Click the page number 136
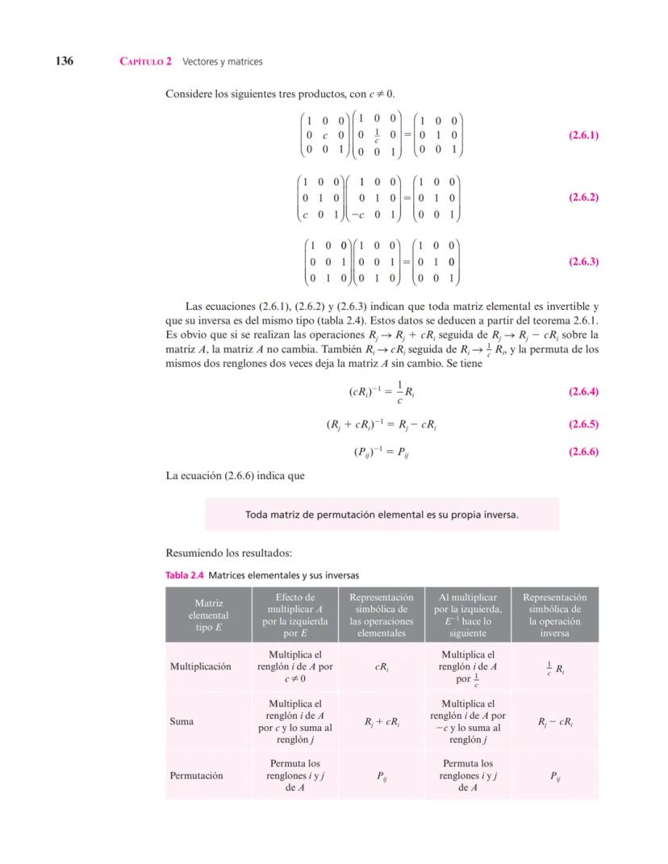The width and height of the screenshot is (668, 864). pyautogui.click(x=65, y=61)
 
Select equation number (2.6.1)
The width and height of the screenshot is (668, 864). pyautogui.click(x=582, y=136)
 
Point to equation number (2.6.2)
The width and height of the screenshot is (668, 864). pyautogui.click(x=582, y=197)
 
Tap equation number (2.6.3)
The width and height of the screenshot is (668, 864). pyautogui.click(x=582, y=261)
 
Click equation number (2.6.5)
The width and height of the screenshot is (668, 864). pyautogui.click(x=582, y=424)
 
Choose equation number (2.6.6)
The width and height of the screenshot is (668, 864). pyautogui.click(x=582, y=452)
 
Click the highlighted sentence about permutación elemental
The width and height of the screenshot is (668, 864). pyautogui.click(x=382, y=514)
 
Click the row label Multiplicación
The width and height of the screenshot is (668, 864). pyautogui.click(x=200, y=666)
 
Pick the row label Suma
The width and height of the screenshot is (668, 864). pyautogui.click(x=182, y=721)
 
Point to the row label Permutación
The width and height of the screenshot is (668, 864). pyautogui.click(x=196, y=775)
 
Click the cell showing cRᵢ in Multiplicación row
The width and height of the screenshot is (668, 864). pyautogui.click(x=382, y=667)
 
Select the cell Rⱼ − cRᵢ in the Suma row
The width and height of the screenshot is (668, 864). pyautogui.click(x=554, y=722)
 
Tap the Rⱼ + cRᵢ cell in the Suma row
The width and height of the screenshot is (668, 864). pyautogui.click(x=382, y=722)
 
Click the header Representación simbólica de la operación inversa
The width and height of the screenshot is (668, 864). pyautogui.click(x=555, y=615)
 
